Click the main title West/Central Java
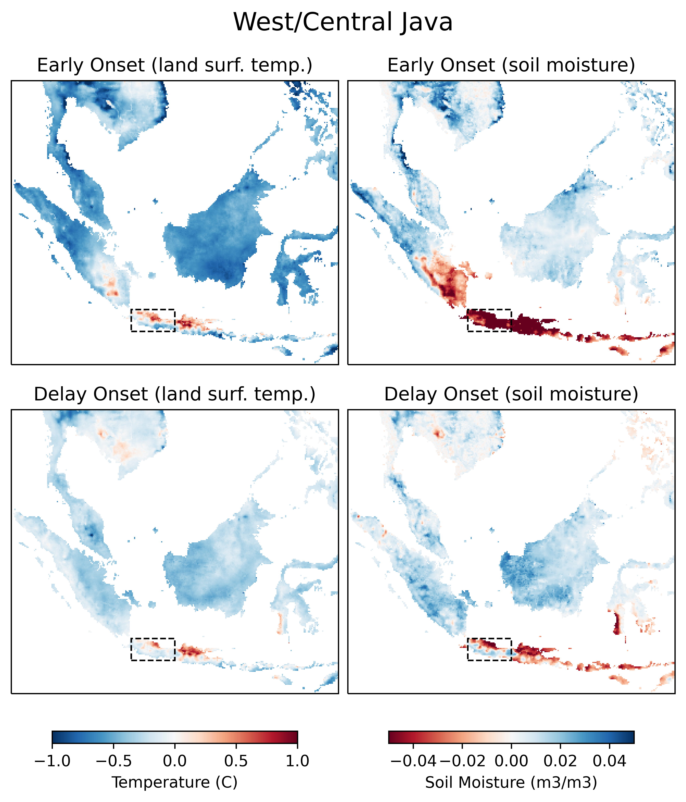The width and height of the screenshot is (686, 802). [343, 22]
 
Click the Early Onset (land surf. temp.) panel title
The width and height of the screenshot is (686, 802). [174, 65]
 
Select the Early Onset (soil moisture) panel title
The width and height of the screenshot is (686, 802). [511, 65]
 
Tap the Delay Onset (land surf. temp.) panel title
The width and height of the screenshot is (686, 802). [174, 394]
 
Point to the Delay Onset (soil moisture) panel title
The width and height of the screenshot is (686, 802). [511, 394]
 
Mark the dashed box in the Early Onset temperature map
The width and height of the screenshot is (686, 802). [153, 320]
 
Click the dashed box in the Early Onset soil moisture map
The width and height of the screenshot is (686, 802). [489, 320]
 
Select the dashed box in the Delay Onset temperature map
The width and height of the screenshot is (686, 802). [153, 649]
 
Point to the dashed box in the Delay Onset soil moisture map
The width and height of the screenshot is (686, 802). [489, 649]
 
